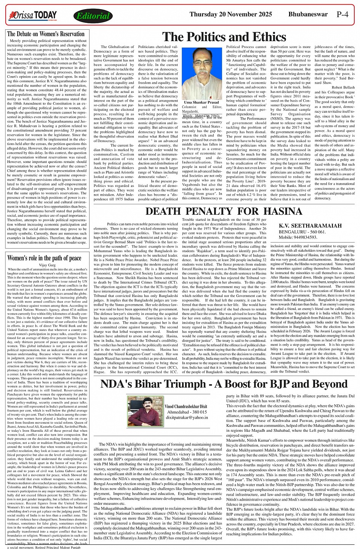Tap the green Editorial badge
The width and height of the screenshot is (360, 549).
coord(93,16)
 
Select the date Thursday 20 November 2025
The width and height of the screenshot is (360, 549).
coord(231,14)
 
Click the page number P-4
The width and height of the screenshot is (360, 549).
coord(342,15)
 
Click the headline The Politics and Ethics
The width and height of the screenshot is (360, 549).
coord(224,37)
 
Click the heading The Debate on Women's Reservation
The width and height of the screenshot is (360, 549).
coord(46,34)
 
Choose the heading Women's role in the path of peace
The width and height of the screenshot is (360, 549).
coord(44,247)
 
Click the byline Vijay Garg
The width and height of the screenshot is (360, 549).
coord(47,254)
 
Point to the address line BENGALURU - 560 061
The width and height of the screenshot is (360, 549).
coord(302,231)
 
